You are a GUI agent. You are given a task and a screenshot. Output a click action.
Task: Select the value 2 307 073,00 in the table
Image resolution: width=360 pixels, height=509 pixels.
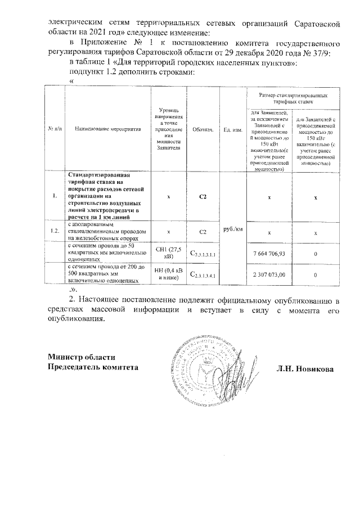coord(269,274)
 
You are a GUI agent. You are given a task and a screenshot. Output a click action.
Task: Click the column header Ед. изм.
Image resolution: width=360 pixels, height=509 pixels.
coord(233,129)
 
